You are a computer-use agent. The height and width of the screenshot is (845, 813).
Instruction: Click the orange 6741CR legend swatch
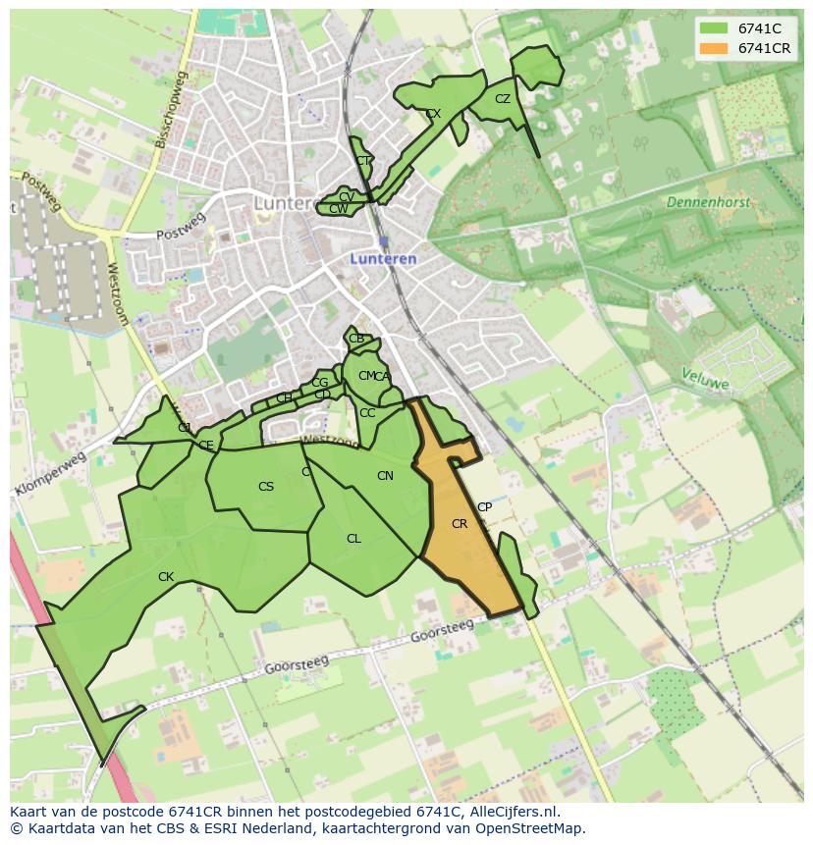click(x=714, y=48)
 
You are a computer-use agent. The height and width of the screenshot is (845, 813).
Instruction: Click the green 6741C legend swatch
click(x=714, y=28)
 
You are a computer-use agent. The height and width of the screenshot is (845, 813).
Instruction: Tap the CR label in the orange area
click(x=460, y=524)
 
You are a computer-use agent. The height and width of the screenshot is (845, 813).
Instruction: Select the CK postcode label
click(x=166, y=577)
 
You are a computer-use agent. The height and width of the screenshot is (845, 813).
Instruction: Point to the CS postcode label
click(x=266, y=487)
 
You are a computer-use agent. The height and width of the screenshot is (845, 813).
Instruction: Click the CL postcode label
click(x=353, y=539)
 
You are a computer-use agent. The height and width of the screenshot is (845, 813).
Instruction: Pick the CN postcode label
click(x=385, y=476)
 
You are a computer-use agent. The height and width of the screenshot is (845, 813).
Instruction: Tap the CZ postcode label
click(x=503, y=99)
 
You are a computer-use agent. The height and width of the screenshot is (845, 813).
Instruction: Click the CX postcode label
click(x=433, y=114)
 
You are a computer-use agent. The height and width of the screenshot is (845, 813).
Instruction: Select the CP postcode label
click(x=484, y=507)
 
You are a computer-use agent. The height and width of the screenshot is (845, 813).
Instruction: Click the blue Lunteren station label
click(x=384, y=259)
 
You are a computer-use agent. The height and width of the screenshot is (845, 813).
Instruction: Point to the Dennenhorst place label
click(x=708, y=202)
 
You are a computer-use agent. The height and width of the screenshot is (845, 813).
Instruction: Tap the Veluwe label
click(x=705, y=379)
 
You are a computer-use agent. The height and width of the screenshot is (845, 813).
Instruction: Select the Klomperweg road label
click(x=51, y=474)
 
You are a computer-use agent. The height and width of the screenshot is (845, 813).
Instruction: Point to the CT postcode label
click(x=363, y=161)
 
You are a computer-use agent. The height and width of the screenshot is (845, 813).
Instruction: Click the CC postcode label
click(x=367, y=413)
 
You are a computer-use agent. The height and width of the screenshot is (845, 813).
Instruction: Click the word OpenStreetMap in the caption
click(x=531, y=828)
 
